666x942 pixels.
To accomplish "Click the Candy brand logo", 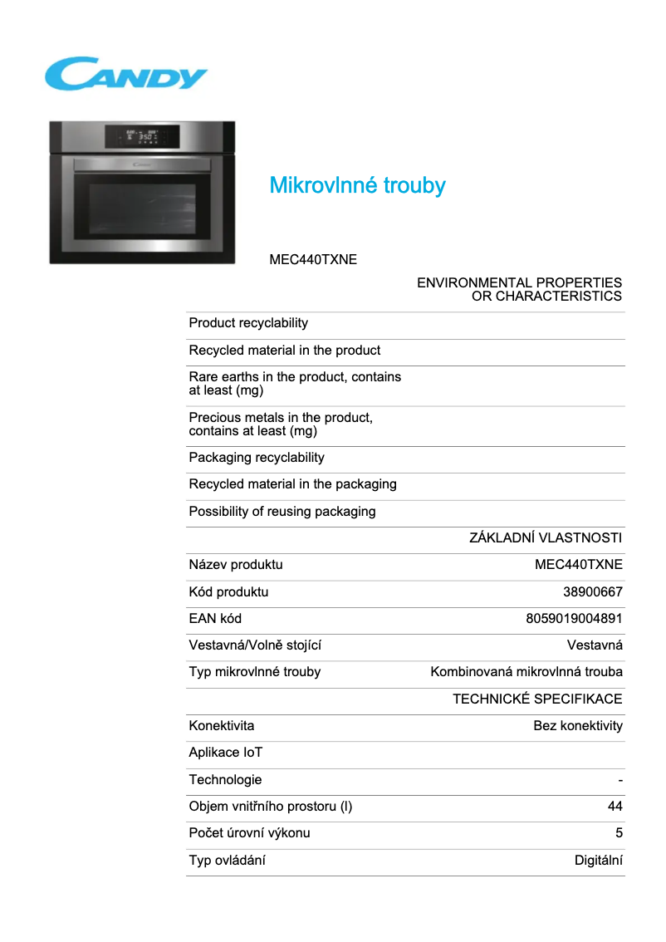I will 125,74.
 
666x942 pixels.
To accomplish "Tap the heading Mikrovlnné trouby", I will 357,185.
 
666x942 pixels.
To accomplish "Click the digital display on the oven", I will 142,135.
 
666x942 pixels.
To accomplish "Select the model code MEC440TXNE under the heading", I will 313,260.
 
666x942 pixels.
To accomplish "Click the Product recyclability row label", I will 248,323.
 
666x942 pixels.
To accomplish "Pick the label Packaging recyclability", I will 257,458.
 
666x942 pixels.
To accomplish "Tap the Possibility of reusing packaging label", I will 282,512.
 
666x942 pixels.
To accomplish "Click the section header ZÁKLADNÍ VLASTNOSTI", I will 546,538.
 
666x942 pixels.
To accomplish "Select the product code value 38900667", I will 593,592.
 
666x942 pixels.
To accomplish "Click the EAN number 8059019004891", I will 574,619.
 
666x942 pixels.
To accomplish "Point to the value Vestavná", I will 595,645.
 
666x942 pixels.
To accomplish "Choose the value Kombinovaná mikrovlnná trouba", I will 526,672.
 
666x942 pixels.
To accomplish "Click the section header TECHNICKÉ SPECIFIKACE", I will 537,699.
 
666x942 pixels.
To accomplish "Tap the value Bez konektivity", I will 578,726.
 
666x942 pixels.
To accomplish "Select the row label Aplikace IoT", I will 226,753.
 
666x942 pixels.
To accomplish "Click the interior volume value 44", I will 615,807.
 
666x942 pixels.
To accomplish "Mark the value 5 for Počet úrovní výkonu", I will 619,833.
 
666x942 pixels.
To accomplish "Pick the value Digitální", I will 599,861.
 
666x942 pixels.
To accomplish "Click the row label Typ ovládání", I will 228,861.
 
